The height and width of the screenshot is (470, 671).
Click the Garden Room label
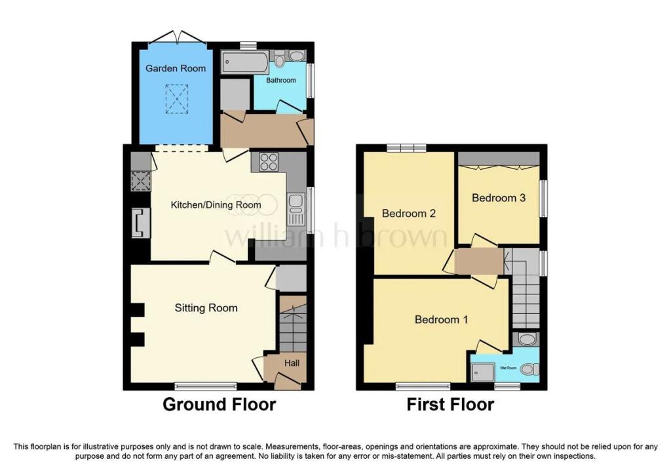pos(176,68)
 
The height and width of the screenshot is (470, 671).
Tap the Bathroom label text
pos(280,80)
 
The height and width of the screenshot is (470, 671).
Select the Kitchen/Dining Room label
pos(216,205)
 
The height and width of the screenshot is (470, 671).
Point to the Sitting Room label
pos(206,308)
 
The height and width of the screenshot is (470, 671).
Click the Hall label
pos(292,363)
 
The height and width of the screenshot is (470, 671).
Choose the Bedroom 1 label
pos(441,319)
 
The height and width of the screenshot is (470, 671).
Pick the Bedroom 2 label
pos(409,213)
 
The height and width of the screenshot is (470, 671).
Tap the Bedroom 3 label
pos(499,198)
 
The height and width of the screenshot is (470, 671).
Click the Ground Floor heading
pos(219,404)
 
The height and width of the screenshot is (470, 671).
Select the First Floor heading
pos(450,404)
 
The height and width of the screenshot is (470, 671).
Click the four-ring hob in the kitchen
pos(269,162)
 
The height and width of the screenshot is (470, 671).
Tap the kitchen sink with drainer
pos(296,210)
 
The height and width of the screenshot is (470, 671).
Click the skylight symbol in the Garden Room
pos(177,99)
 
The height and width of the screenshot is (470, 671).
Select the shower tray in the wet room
pos(483,372)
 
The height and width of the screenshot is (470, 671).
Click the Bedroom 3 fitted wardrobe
pos(499,159)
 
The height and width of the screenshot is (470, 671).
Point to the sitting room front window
pos(206,386)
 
